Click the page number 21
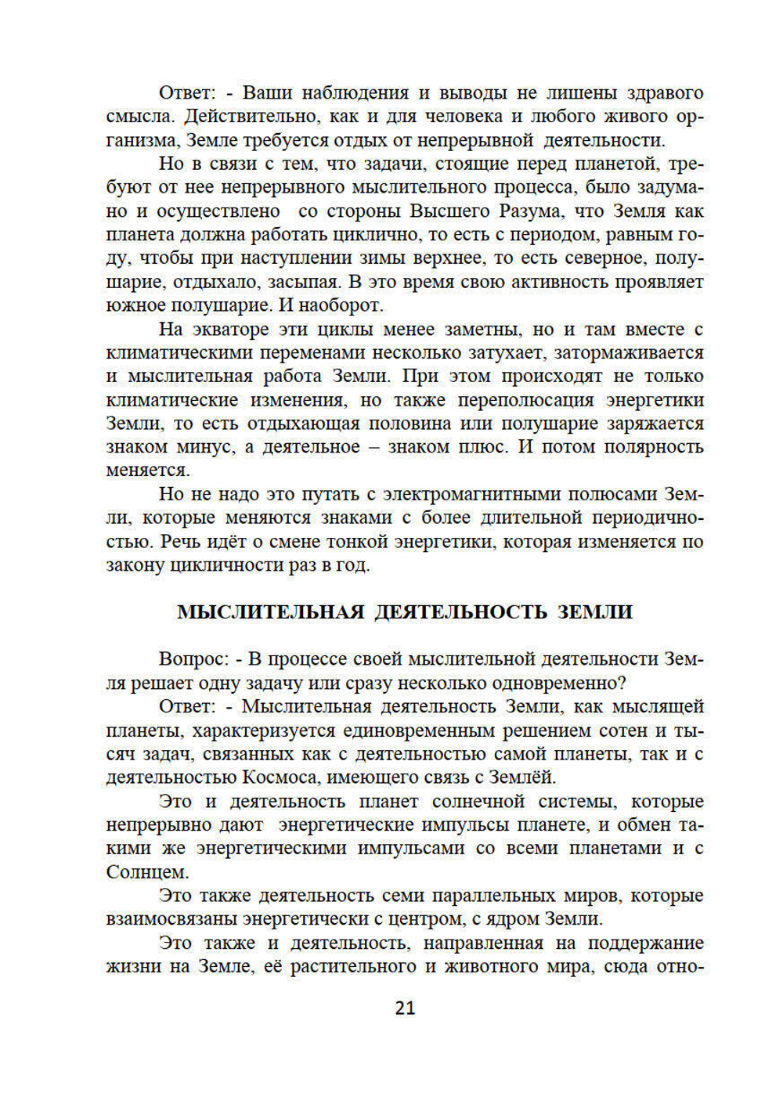pos(405,1008)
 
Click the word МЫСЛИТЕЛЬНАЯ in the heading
pos(270,611)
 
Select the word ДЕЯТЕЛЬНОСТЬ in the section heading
pos(460,611)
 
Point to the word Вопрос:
pos(193,659)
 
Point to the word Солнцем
pos(147,871)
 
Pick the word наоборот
pos(339,305)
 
